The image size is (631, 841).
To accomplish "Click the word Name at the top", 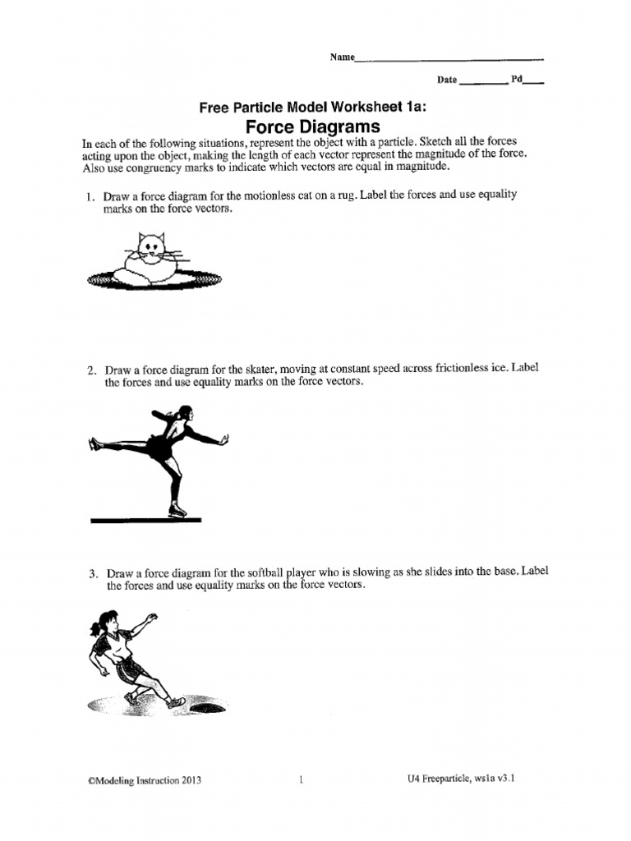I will pos(341,57).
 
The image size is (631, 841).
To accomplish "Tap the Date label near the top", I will pos(446,80).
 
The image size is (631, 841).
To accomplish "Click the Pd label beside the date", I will pos(517,80).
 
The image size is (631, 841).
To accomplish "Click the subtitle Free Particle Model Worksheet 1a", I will pos(301,108).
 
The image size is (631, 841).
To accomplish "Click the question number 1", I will pos(92,198).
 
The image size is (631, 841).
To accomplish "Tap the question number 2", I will pos(92,370).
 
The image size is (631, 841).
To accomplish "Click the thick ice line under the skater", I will pos(145,520).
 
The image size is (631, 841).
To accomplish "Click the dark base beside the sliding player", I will pos(206,705).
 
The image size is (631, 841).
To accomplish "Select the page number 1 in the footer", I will pos(302,781).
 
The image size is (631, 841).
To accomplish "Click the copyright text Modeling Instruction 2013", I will pos(144,781).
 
